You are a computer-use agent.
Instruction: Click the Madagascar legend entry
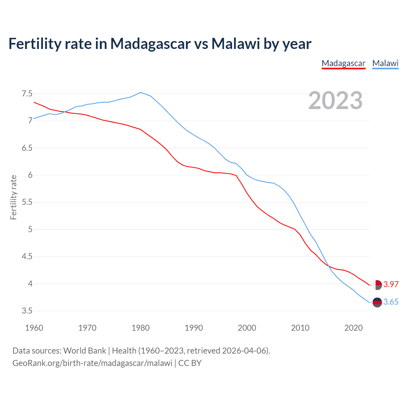coord(343,63)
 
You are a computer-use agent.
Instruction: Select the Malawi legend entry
coord(385,63)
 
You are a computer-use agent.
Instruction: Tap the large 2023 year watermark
coord(335,100)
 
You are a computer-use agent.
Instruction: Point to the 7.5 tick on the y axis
coord(27,94)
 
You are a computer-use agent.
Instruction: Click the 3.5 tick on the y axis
coord(27,311)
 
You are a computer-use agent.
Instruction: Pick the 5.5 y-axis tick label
coord(27,202)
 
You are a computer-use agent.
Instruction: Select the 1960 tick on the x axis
coord(34,328)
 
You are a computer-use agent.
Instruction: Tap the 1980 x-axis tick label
coord(141,328)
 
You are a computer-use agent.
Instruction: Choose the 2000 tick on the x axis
coord(247,328)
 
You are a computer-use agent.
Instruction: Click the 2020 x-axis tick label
coord(353,328)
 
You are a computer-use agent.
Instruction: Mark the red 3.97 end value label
coord(391,284)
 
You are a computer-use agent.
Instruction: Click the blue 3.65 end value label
coord(391,302)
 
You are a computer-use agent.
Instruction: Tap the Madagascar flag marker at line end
coord(377,285)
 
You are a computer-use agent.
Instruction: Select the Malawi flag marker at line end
coord(377,302)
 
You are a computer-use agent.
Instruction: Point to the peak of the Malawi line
coord(140,93)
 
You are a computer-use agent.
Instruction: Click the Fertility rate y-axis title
coord(13,197)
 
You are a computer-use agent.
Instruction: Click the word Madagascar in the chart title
coord(150,44)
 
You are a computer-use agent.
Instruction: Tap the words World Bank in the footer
coord(85,351)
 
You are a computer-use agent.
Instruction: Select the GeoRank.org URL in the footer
coord(92,363)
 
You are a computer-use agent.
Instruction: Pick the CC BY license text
coord(190,363)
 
